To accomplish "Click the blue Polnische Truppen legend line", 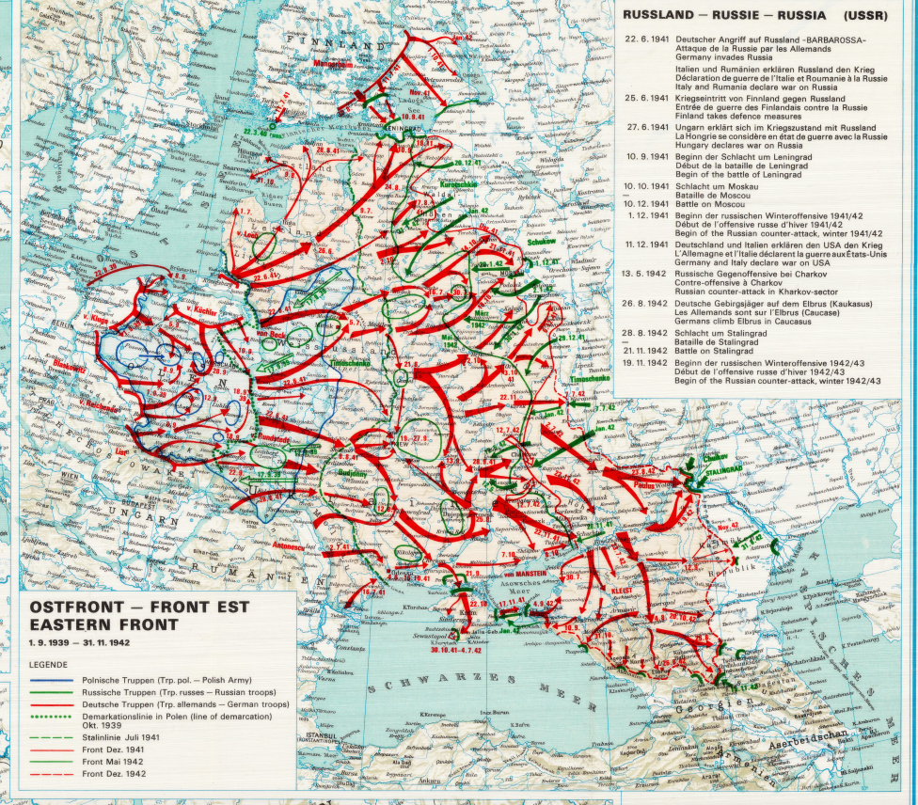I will click(55, 676).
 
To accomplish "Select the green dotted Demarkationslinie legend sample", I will click(55, 718).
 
